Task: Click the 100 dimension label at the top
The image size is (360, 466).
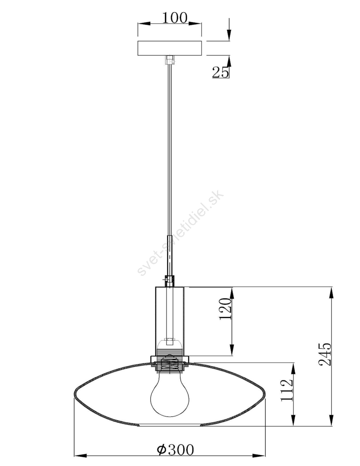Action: pyautogui.click(x=175, y=18)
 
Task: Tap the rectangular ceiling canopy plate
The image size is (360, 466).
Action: pyautogui.click(x=170, y=48)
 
